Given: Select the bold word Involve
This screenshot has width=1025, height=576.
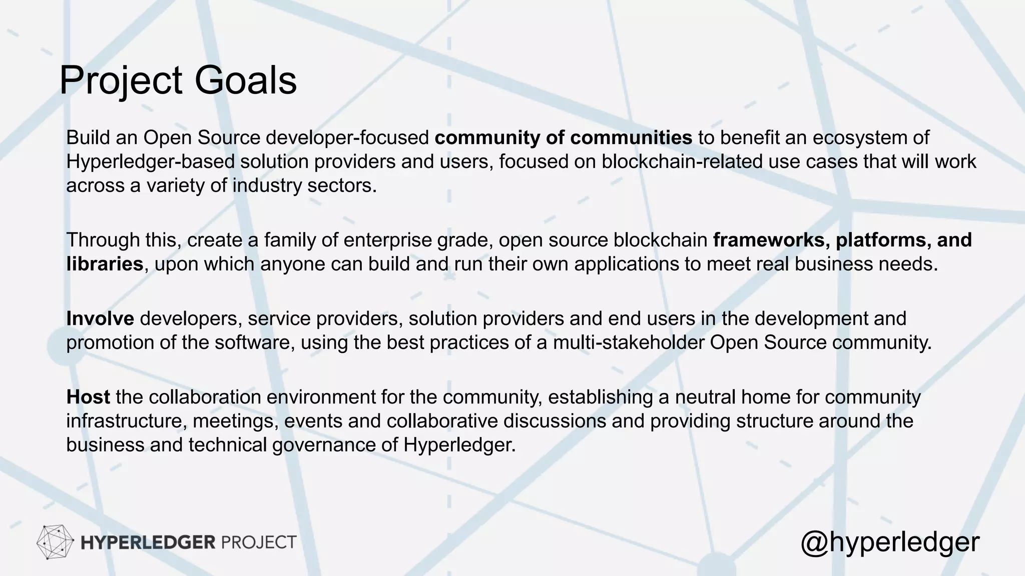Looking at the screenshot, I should click(x=100, y=318).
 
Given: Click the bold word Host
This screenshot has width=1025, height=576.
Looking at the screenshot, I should click(x=88, y=397).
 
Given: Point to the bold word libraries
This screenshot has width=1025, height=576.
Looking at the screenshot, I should click(x=105, y=264).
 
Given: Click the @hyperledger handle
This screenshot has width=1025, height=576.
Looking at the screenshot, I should click(x=889, y=542).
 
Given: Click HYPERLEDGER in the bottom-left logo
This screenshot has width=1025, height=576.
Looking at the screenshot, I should click(x=148, y=542).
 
